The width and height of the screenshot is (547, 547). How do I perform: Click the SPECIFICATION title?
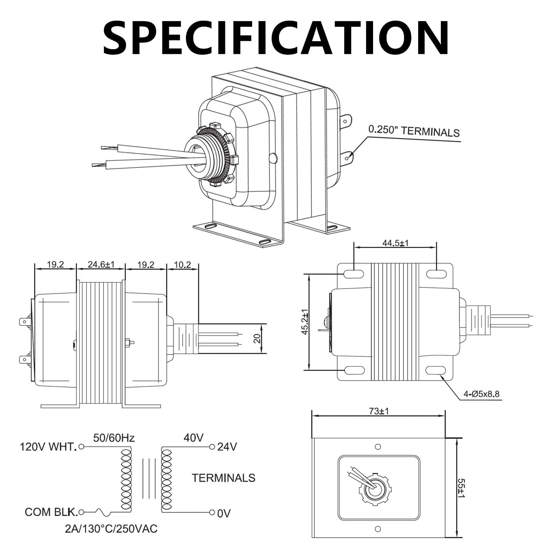pyautogui.click(x=276, y=38)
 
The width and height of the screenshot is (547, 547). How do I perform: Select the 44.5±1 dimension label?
pyautogui.click(x=395, y=243)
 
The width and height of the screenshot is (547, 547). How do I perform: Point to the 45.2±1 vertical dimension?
pyautogui.click(x=305, y=321)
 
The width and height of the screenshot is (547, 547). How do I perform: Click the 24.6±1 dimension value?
pyautogui.click(x=101, y=264)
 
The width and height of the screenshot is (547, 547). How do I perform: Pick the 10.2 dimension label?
pyautogui.click(x=182, y=264)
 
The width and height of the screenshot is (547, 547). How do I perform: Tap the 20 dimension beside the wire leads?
pyautogui.click(x=257, y=338)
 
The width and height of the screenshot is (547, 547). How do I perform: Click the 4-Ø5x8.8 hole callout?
pyautogui.click(x=481, y=394)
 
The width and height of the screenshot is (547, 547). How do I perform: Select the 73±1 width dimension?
pyautogui.click(x=379, y=411)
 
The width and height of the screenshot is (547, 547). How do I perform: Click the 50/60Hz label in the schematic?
pyautogui.click(x=114, y=438)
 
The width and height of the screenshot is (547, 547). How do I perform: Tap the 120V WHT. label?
pyautogui.click(x=48, y=447)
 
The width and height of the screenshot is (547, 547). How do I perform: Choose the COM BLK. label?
pyautogui.click(x=51, y=512)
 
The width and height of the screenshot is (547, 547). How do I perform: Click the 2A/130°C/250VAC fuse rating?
pyautogui.click(x=111, y=529)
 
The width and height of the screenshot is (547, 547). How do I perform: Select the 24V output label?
pyautogui.click(x=227, y=447)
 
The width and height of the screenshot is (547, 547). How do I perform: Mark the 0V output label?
pyautogui.click(x=224, y=513)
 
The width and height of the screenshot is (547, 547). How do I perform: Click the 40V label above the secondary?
pyautogui.click(x=193, y=438)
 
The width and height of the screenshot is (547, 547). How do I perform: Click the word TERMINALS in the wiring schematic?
pyautogui.click(x=223, y=478)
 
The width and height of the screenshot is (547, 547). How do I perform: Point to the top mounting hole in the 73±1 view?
pyautogui.click(x=378, y=447)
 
